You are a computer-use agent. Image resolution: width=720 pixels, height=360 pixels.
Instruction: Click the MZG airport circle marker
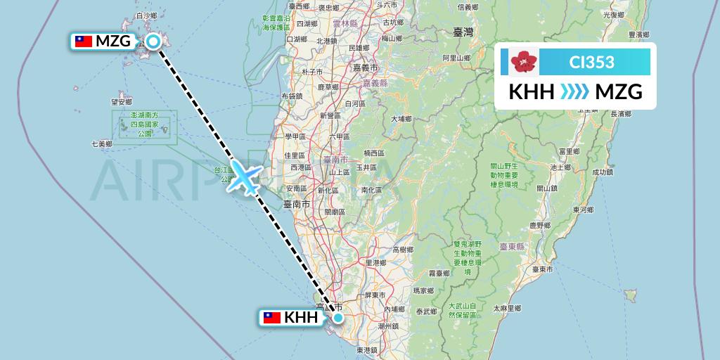(x=153, y=41)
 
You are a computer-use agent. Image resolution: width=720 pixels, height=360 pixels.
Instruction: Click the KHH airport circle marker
(x=338, y=318)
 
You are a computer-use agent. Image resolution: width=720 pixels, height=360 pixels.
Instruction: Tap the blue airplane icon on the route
(x=243, y=176)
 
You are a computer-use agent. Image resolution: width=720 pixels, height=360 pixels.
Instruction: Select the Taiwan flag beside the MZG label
(x=84, y=41)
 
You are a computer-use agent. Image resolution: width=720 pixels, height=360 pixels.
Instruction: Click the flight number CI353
(x=591, y=63)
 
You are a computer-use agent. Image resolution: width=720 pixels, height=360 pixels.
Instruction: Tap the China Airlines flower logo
(x=524, y=62)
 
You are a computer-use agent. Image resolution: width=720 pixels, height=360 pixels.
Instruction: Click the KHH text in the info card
(x=532, y=92)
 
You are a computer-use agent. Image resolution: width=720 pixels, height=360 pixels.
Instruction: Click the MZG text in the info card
(x=618, y=92)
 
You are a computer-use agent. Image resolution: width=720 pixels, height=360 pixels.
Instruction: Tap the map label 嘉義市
(x=365, y=68)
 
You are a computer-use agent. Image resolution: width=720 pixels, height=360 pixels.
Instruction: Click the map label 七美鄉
(x=101, y=144)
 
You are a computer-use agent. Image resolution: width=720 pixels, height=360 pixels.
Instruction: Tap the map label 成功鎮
(x=603, y=171)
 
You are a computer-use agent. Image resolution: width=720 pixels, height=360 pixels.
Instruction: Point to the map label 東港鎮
(x=367, y=349)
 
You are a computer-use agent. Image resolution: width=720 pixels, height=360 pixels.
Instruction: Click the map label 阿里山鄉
(x=455, y=58)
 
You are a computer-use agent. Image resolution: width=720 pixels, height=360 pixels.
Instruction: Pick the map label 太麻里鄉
(x=506, y=308)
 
